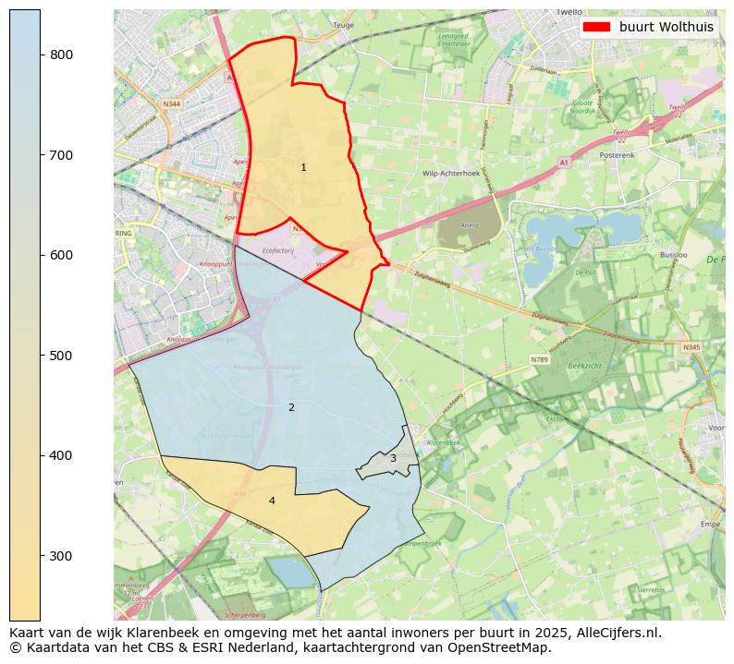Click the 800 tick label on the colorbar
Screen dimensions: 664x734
tap(62, 54)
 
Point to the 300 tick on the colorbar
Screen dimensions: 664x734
tap(62, 556)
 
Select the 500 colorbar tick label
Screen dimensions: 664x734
tap(62, 356)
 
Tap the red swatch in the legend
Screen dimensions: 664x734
tap(597, 27)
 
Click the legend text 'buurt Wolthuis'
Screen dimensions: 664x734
tap(666, 27)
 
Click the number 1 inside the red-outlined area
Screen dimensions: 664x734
tap(303, 167)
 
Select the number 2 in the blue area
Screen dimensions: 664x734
tap(291, 407)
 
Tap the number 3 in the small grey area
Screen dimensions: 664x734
tap(393, 458)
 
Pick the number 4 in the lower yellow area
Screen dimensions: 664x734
tap(272, 501)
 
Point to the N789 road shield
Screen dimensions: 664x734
tap(540, 358)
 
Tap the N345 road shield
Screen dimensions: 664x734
tap(691, 347)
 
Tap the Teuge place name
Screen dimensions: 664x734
tap(343, 25)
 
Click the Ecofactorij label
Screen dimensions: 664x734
tap(276, 248)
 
